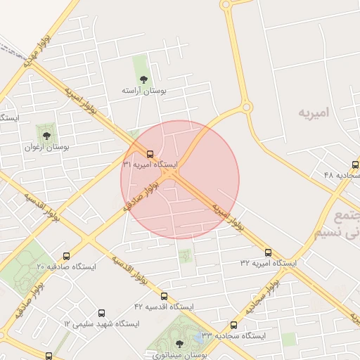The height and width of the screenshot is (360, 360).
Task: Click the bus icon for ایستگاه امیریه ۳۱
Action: pos(149,153)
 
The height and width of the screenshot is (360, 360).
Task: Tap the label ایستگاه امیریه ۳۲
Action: pos(269,263)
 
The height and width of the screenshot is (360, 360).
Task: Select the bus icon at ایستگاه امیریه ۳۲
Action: pos(268,252)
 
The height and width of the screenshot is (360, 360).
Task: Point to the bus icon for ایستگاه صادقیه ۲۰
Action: pos(66,256)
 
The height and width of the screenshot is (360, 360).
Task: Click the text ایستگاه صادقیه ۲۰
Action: pos(60,267)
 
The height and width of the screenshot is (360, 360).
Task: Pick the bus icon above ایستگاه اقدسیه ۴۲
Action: pos(165,297)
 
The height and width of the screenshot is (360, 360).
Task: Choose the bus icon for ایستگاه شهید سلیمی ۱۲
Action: pos(101,313)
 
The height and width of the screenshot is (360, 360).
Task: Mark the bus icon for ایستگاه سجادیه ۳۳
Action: pos(234,326)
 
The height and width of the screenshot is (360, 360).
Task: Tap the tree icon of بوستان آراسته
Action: pos(143,79)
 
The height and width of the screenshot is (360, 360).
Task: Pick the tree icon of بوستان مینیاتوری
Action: pos(179,344)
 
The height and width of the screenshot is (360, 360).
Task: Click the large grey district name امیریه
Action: pos(315,112)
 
